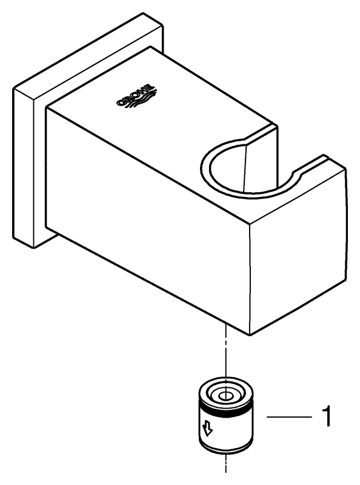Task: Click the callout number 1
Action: pyautogui.click(x=326, y=417)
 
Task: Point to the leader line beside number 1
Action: pyautogui.click(x=290, y=417)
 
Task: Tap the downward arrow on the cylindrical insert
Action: pyautogui.click(x=207, y=430)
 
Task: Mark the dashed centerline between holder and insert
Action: pyautogui.click(x=227, y=350)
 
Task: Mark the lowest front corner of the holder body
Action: pyautogui.click(x=250, y=335)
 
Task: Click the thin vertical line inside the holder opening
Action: pyautogui.click(x=245, y=168)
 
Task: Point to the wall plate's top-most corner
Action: pyautogui.click(x=143, y=13)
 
